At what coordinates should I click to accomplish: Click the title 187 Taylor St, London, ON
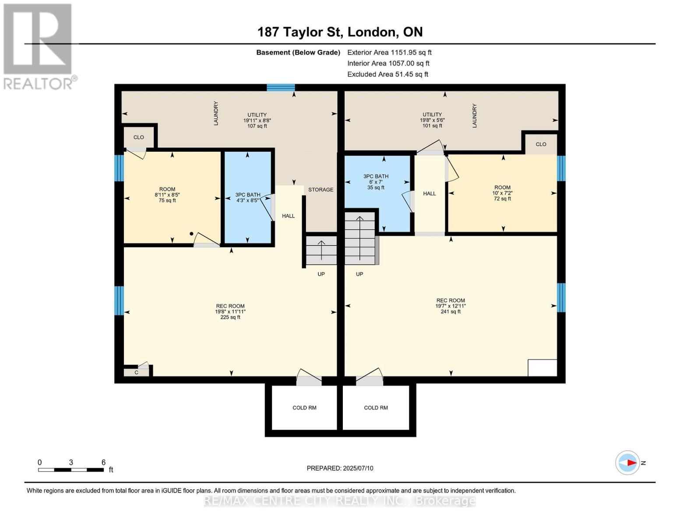pos(340,32)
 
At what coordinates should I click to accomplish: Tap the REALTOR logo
pos(38,46)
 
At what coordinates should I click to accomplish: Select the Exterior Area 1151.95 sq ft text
pos(389,52)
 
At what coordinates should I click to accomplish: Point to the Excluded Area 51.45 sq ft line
pos(388,74)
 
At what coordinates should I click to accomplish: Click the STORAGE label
pos(321,189)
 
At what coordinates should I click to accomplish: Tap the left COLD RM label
pos(304,408)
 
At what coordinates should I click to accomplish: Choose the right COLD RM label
pos(376,408)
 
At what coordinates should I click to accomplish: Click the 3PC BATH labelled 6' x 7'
pos(376,182)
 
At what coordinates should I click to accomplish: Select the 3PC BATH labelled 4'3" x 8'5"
pos(248,198)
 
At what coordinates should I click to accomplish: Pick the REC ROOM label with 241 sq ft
pos(450,306)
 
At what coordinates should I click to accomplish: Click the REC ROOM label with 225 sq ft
pos(230,311)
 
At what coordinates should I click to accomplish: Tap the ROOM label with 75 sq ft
pos(167,195)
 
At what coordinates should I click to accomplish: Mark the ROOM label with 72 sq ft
pos(502,193)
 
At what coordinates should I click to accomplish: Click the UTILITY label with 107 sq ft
pos(257,120)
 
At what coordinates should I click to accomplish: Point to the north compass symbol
pos(627,462)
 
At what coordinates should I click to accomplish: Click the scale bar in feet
pos(71,470)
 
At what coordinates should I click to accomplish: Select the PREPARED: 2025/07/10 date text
pos(340,468)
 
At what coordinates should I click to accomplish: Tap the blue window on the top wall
pos(281,87)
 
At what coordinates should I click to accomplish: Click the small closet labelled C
pos(136,372)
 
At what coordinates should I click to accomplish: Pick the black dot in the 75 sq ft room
pos(191,234)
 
